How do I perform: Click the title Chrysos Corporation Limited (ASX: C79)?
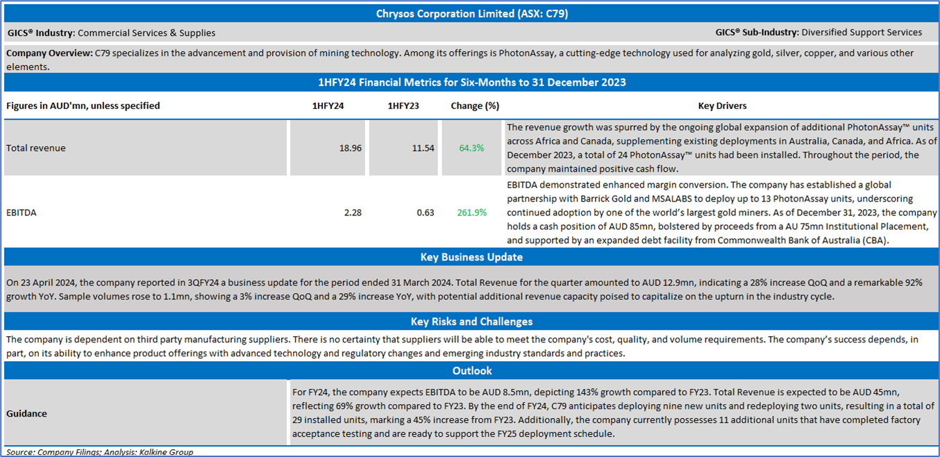tap(471, 13)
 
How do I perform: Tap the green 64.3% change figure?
tap(471, 149)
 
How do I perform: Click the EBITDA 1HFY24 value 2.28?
tap(353, 213)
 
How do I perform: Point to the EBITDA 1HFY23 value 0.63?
tap(425, 213)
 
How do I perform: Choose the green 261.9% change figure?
tap(471, 213)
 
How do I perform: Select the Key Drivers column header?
tap(722, 106)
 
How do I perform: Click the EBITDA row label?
tap(22, 213)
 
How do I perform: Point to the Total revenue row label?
tap(36, 149)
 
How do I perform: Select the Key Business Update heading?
tap(471, 258)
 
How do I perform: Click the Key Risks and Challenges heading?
tap(471, 322)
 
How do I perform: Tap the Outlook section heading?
tap(471, 371)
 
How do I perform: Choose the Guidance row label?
tap(27, 414)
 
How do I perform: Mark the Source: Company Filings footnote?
tap(99, 452)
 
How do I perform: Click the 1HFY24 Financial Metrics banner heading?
tap(471, 83)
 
